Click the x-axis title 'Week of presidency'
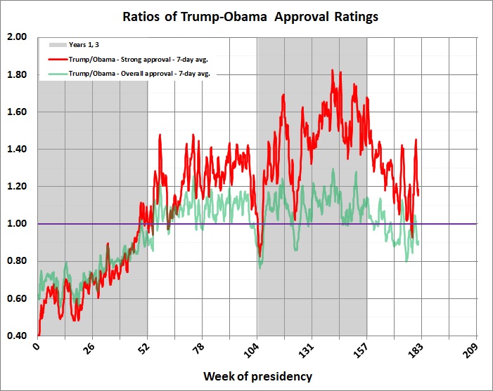[257, 376]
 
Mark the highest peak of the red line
[332, 70]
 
